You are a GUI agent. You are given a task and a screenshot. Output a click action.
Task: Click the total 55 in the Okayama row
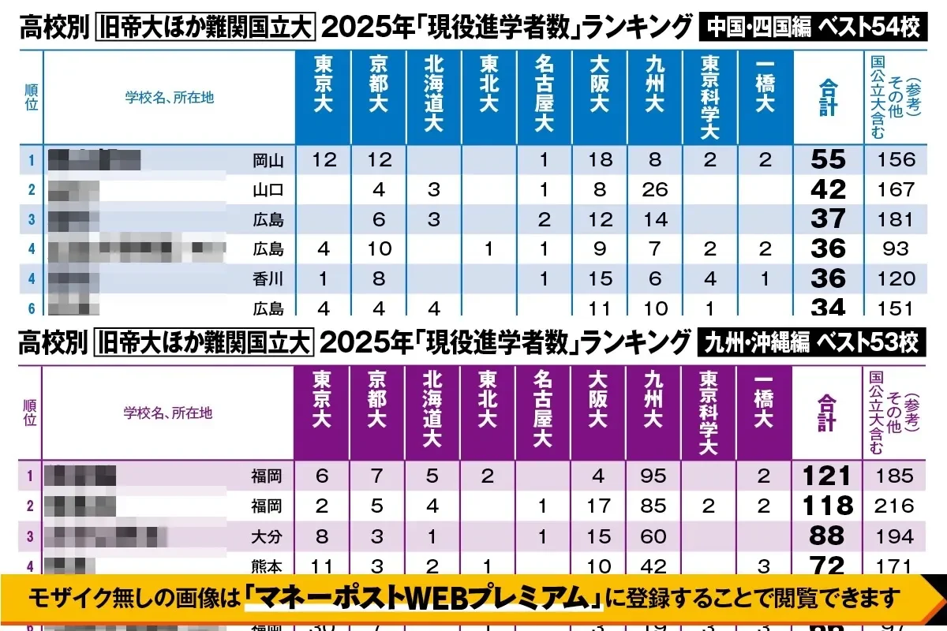(x=828, y=160)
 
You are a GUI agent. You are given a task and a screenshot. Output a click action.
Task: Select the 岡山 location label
(x=268, y=161)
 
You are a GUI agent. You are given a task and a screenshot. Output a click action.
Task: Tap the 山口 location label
(x=268, y=190)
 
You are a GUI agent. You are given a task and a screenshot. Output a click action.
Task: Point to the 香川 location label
(x=268, y=278)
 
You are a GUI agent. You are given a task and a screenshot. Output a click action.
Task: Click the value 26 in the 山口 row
(x=655, y=190)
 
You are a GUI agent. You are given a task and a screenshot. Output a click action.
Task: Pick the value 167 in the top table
(x=896, y=190)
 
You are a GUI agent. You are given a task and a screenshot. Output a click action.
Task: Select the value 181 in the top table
(x=896, y=219)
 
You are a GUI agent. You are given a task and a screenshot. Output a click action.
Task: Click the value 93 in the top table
(x=896, y=249)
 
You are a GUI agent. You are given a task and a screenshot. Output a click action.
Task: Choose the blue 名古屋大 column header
(x=544, y=94)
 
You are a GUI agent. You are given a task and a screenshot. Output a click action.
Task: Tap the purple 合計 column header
(x=826, y=412)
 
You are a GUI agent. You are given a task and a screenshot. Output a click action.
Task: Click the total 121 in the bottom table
(x=827, y=476)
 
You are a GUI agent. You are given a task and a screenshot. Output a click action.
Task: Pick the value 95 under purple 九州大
(x=654, y=476)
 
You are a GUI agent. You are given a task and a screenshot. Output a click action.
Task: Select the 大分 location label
(x=267, y=536)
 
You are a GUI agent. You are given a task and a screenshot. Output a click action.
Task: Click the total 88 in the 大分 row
(x=827, y=536)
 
